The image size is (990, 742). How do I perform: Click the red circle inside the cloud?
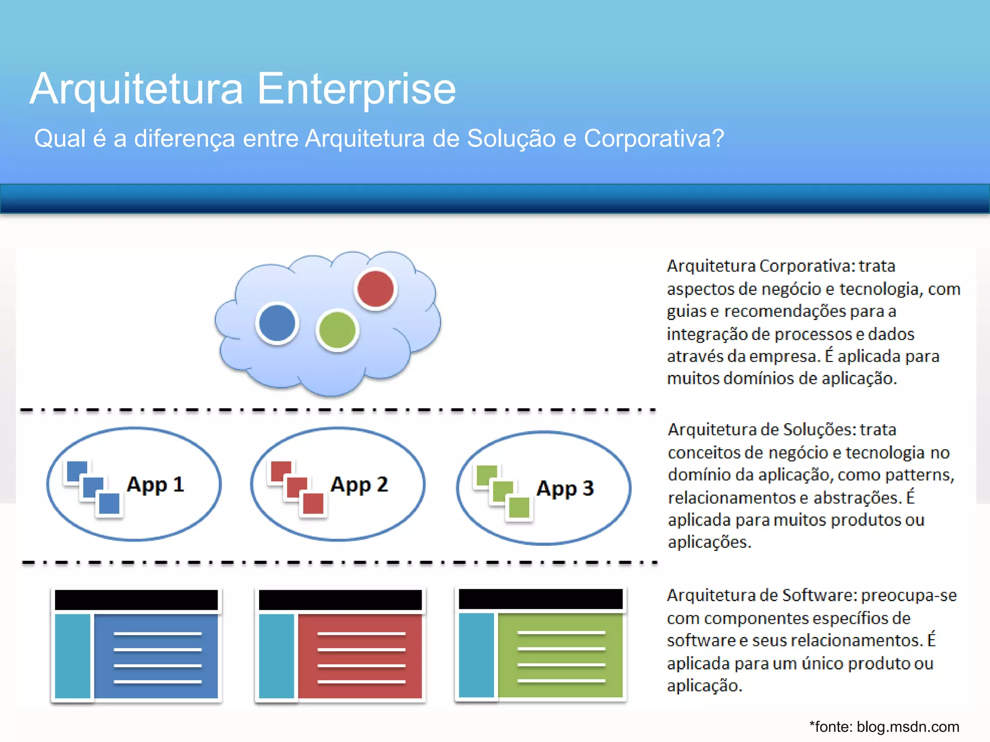376,289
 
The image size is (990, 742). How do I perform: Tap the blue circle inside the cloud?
277,323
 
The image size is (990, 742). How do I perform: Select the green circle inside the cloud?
337,330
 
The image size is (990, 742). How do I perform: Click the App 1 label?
155,485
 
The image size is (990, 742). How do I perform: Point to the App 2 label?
359,485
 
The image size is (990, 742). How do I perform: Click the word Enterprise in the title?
356,89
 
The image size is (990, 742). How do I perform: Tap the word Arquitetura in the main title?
136,89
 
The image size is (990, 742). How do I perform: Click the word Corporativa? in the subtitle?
654,139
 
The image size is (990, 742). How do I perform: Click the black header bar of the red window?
340,600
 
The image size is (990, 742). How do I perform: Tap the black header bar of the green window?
540,599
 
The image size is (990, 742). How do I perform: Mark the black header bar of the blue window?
136,600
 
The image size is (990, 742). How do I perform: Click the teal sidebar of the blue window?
73,656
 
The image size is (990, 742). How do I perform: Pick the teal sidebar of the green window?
476,655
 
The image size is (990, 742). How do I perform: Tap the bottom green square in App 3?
519,507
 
